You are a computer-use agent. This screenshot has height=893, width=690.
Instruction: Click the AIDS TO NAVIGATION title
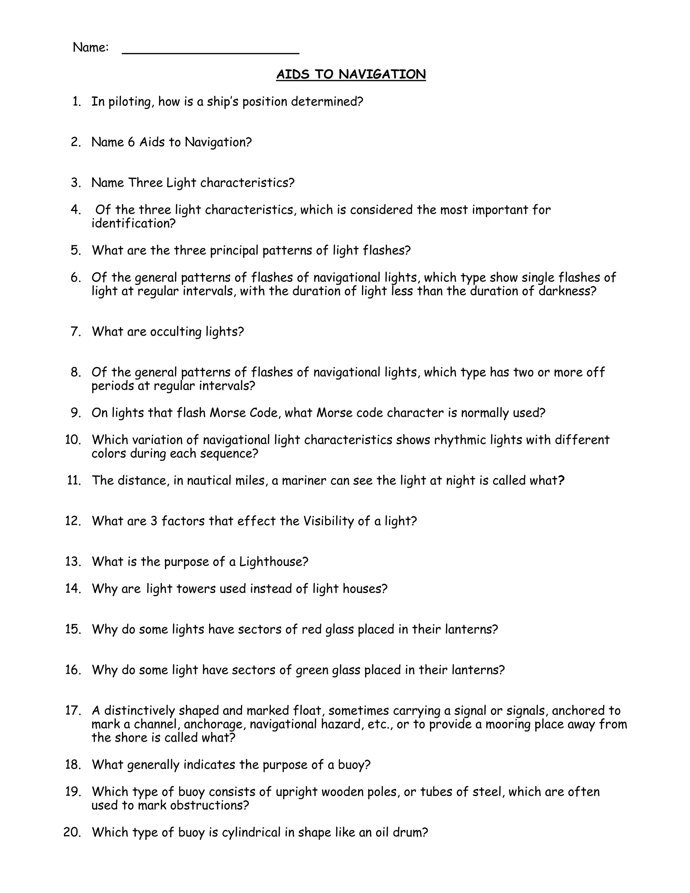point(351,74)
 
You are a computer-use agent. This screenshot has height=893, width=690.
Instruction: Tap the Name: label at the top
point(91,48)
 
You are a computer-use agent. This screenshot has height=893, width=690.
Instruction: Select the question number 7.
point(76,331)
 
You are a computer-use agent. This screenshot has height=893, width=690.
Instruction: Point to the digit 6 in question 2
point(131,142)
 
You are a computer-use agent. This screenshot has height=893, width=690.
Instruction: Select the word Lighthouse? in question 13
point(274,561)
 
